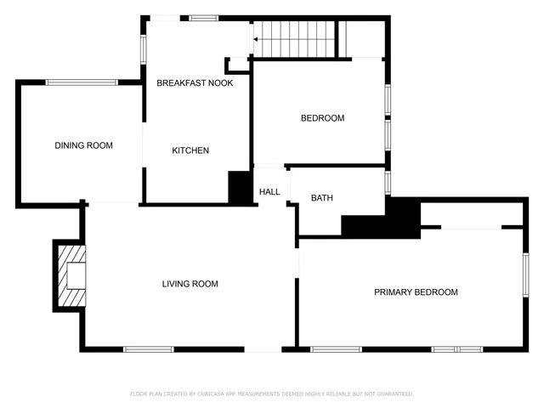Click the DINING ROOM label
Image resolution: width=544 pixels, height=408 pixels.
[83, 145]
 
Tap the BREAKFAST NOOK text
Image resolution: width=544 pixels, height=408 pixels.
[195, 82]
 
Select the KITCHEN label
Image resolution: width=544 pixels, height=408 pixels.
[190, 150]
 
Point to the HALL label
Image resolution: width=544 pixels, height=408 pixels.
[269, 192]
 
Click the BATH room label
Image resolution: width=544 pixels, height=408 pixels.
[321, 198]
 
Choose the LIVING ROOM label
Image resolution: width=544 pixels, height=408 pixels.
[190, 284]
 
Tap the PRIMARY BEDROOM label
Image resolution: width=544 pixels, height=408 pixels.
[416, 292]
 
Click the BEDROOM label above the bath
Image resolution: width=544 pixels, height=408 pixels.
[322, 118]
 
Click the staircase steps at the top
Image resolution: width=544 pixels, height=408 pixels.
[297, 39]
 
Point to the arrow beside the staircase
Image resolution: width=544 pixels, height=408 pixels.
[256, 38]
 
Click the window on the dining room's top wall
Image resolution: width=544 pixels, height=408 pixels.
[82, 82]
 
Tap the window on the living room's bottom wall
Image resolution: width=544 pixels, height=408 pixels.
[149, 349]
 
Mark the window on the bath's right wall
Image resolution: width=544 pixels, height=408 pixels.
[388, 182]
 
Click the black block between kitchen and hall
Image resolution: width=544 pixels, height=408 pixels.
[241, 187]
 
